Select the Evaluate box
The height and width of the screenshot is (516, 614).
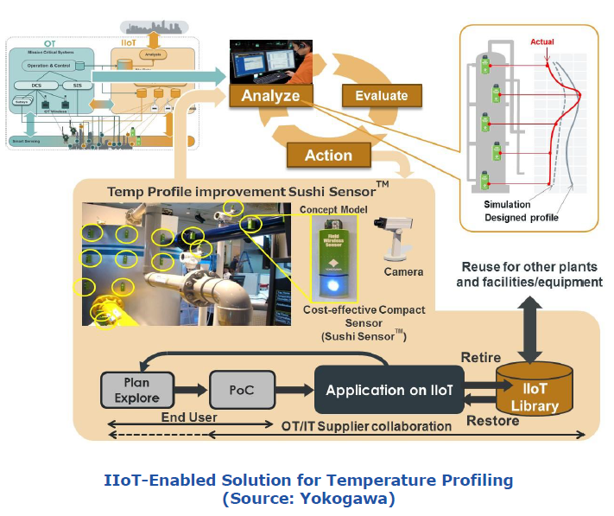tap(381, 95)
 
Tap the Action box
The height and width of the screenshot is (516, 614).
tap(328, 155)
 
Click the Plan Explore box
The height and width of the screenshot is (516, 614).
tap(136, 390)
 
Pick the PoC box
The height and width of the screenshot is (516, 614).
tap(242, 390)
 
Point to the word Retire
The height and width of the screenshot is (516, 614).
tap(481, 356)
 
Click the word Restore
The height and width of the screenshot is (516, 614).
tap(492, 421)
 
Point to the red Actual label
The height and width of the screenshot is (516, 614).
tap(542, 41)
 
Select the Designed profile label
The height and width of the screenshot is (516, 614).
tap(522, 217)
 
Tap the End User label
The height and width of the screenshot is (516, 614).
tap(188, 417)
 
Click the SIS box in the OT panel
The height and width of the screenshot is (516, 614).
tap(77, 85)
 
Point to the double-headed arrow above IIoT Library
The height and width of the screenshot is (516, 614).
tap(531, 323)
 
